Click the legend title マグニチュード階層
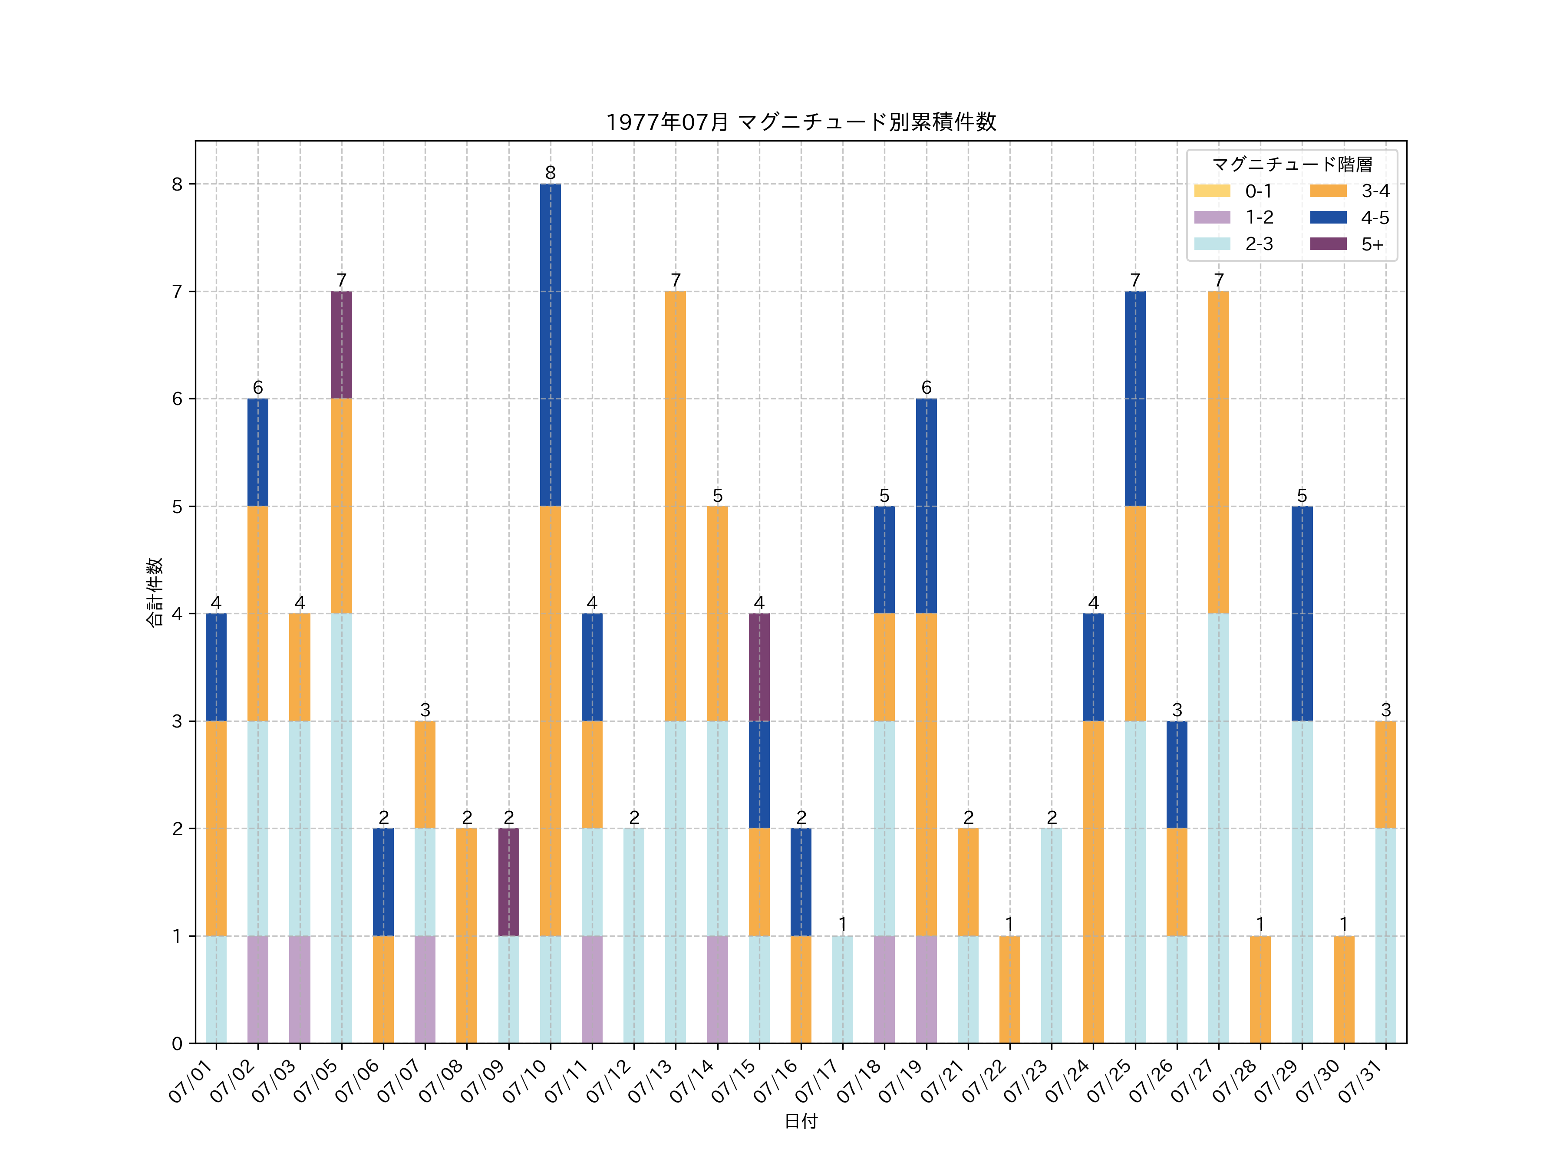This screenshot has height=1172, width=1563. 1292,165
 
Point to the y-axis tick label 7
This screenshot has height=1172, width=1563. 177,292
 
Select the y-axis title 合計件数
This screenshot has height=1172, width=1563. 154,592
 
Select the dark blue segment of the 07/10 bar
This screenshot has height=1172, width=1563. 551,345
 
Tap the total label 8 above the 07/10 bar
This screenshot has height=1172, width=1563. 551,172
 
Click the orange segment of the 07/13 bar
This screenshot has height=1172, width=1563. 676,506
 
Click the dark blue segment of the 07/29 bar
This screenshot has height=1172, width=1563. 1302,613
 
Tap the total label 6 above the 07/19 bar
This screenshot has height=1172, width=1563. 927,387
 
